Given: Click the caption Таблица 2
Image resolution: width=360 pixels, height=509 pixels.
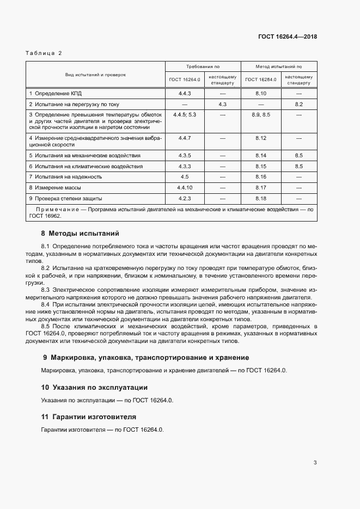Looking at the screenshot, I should pos(44,53).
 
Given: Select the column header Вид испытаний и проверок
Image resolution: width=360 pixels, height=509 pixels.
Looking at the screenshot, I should pos(95,75).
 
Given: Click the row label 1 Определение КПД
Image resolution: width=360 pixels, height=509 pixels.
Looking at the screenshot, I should pos(55,94).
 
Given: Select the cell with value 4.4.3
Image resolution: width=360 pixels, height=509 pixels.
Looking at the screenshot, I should pos(184,94).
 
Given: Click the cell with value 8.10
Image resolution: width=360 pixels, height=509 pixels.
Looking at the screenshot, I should pos(260,94).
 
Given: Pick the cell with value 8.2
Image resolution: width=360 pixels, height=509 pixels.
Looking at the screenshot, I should pos(298,104).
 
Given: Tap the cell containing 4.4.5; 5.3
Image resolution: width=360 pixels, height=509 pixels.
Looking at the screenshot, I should pos(184,115).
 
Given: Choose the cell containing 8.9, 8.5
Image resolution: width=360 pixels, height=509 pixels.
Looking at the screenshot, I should pos(260,115).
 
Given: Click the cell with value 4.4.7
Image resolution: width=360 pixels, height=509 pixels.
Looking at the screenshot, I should pos(184,138).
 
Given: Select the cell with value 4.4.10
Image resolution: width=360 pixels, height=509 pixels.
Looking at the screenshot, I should pos(184,187).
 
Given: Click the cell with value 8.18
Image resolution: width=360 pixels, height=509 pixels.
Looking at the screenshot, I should pos(260,198).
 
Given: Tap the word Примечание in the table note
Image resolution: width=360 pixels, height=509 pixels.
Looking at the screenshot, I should pos(55,209).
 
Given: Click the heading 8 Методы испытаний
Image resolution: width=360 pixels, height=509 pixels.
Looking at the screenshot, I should pos(80,234).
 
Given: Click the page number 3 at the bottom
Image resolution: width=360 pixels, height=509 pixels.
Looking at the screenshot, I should pos(315,463).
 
